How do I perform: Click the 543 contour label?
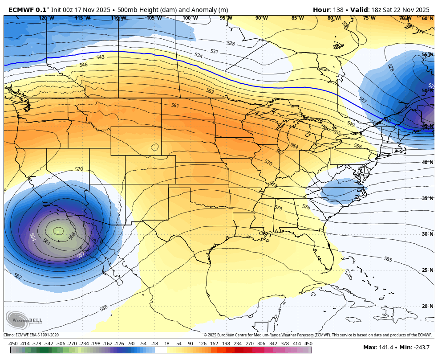100,57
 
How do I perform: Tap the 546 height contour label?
83,65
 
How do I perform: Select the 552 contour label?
210,91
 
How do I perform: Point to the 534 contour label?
199,56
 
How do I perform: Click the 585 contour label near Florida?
388,259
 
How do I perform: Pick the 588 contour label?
103,308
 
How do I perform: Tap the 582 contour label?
18,276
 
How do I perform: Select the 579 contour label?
278,208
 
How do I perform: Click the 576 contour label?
306,207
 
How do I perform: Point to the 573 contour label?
273,184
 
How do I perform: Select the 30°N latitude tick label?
427,234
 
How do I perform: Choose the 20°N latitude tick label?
427,306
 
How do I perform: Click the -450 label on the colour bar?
13,344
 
